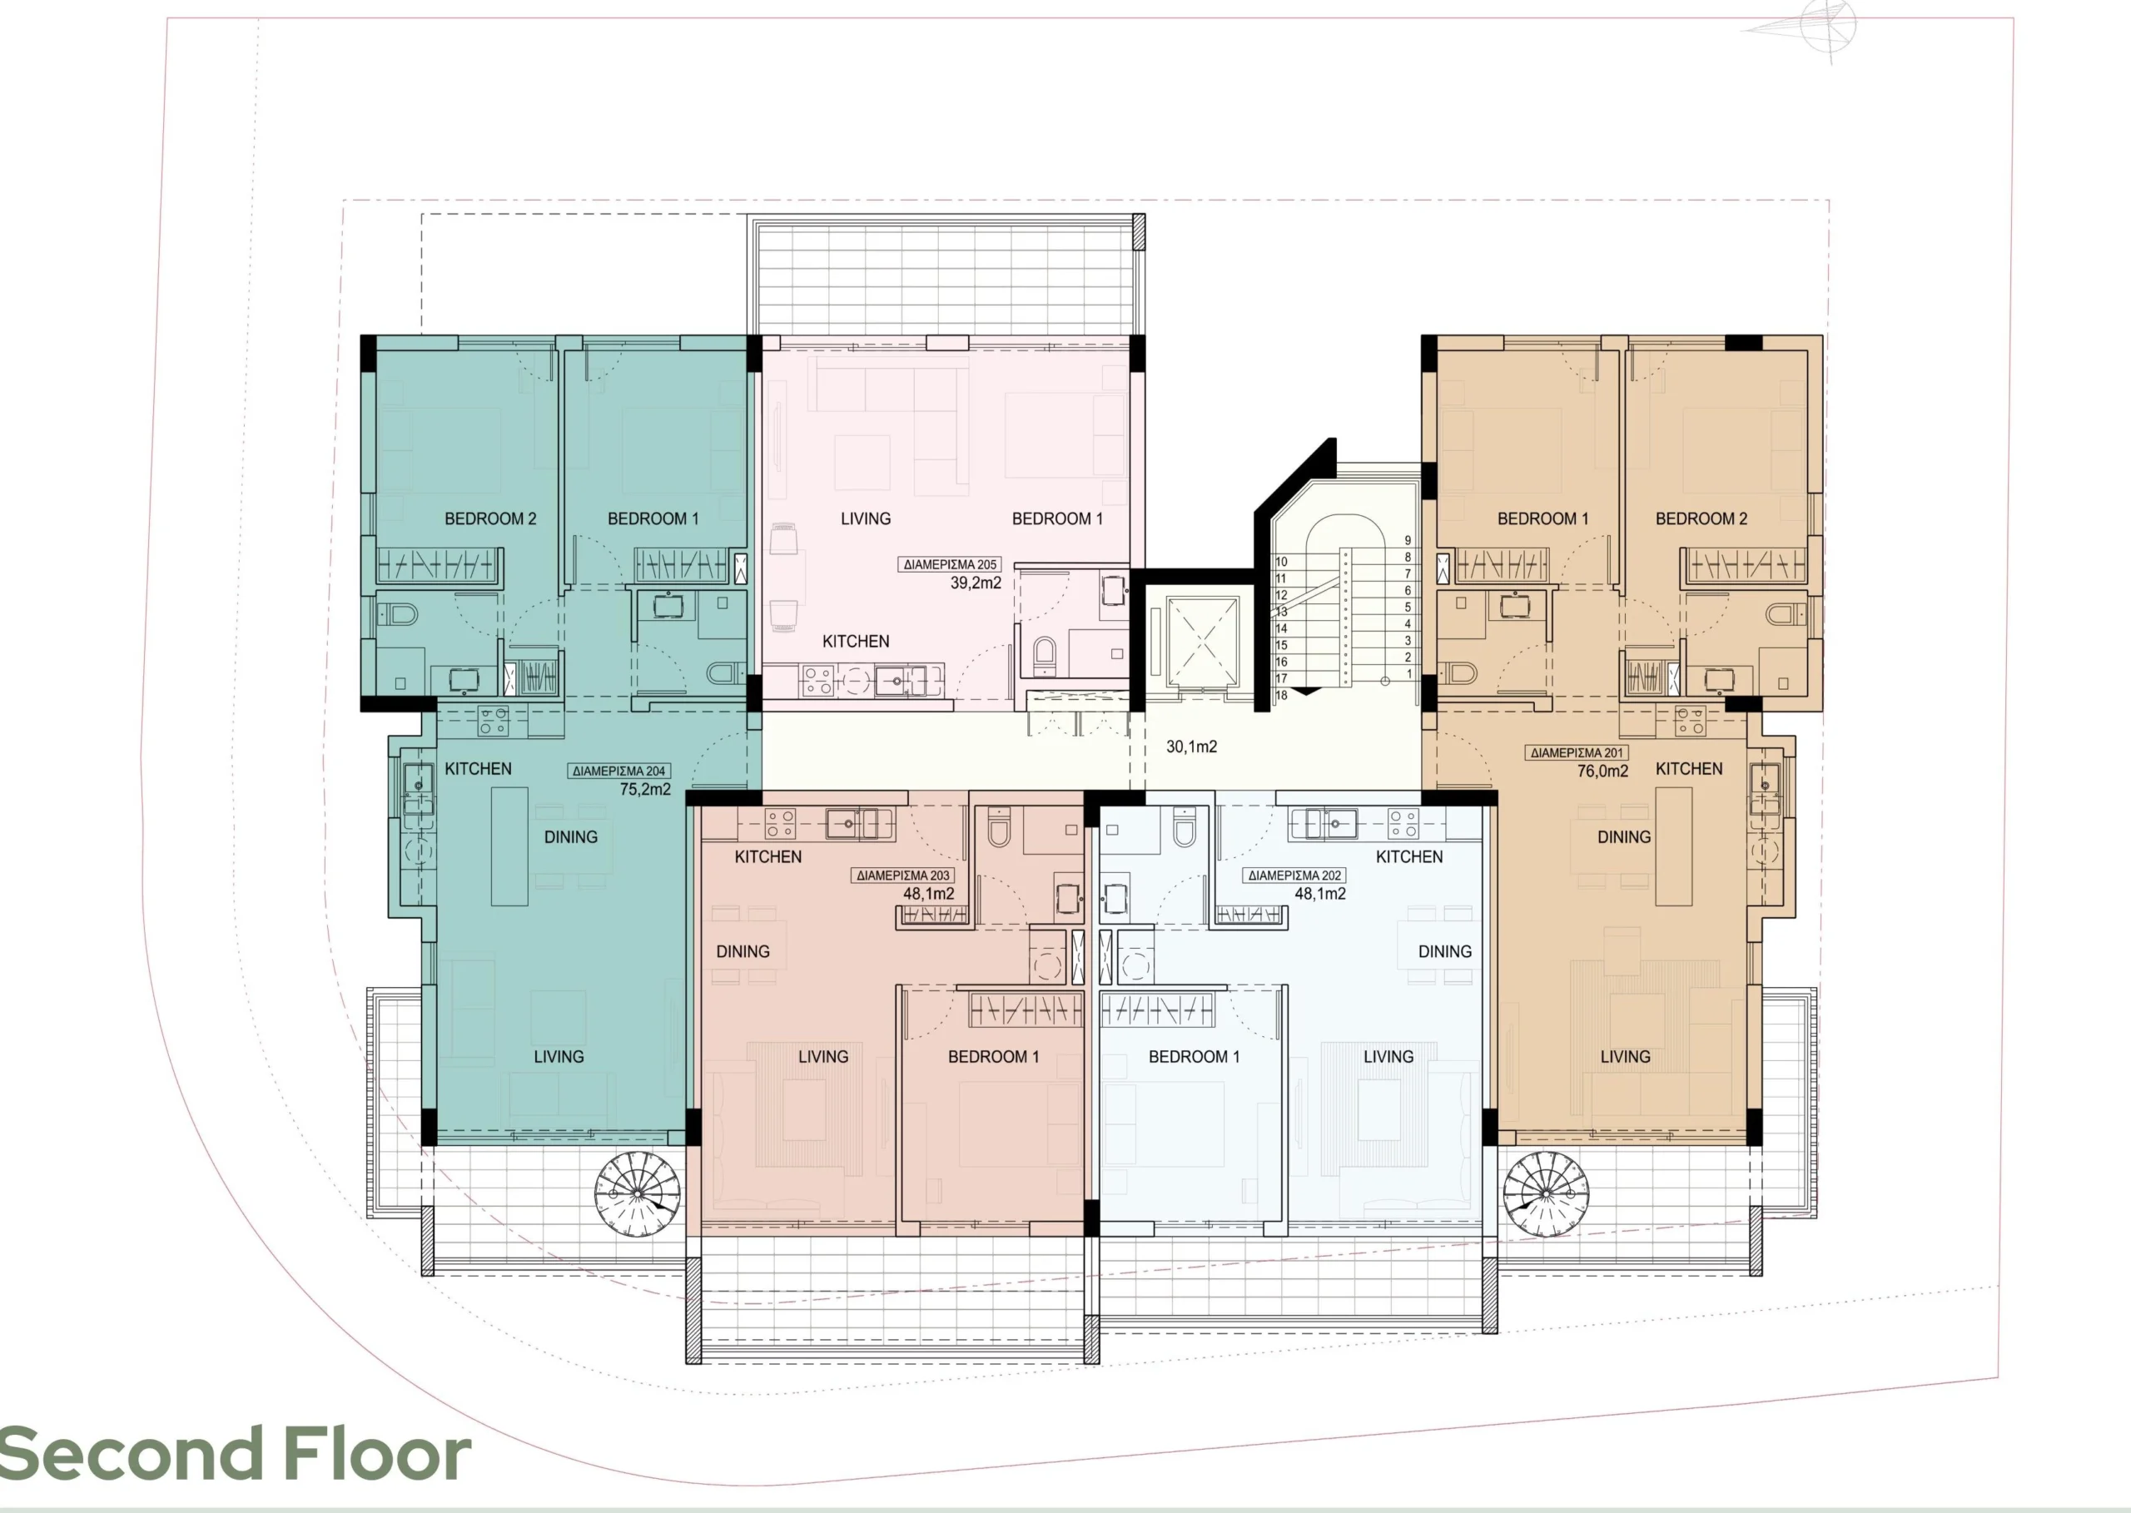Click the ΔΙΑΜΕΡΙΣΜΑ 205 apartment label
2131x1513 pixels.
[x=950, y=564]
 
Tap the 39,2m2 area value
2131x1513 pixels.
[x=976, y=583]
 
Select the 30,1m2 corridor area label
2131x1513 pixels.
[x=1192, y=747]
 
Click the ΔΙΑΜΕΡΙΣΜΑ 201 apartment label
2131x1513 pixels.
[x=1577, y=753]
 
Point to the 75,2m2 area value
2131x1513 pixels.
[x=645, y=789]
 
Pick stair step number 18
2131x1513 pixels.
[x=1281, y=695]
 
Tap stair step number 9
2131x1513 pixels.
[x=1408, y=540]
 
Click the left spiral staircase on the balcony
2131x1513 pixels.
[x=638, y=1195]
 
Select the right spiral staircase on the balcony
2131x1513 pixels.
[x=1546, y=1195]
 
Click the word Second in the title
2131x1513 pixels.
[x=132, y=1453]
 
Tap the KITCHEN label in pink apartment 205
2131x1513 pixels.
[x=856, y=641]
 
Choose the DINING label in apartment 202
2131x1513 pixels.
[x=1445, y=951]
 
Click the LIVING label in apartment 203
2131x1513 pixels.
[x=822, y=1056]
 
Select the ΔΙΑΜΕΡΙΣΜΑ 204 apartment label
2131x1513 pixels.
[x=619, y=771]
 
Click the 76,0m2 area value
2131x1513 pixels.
[x=1602, y=771]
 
